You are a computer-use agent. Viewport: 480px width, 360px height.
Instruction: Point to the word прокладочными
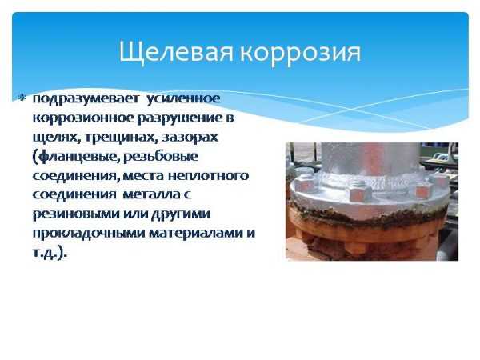pyautogui.click(x=85, y=233)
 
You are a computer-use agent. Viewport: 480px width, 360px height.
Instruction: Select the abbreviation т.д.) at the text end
pyautogui.click(x=50, y=252)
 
